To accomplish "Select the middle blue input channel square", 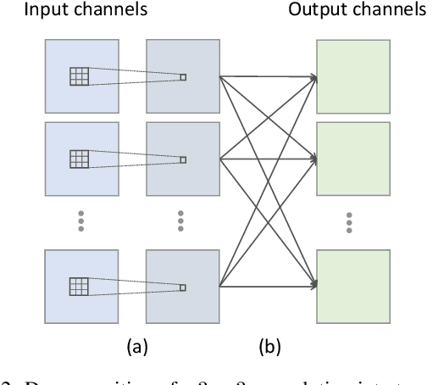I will click(x=80, y=158).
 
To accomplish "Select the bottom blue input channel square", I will click(x=80, y=287).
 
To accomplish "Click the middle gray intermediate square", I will click(x=182, y=158).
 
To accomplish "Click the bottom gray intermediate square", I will click(x=182, y=287).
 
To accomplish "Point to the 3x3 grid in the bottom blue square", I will click(x=79, y=287).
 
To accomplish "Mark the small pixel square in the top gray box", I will click(x=182, y=78).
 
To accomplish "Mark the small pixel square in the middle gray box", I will click(x=182, y=159).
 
